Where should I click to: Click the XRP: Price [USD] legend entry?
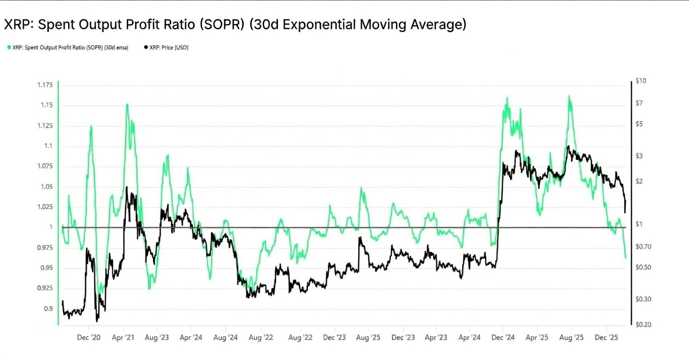tap(166, 47)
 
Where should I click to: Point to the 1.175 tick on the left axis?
tap(45, 85)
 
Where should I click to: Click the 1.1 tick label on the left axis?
tap(48, 146)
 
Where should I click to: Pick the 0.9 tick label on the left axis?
tap(48, 309)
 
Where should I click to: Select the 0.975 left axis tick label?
tap(45, 247)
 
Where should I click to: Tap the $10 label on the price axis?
tap(641, 81)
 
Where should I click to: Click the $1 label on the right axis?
tap(639, 224)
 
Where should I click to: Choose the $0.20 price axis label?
tap(643, 324)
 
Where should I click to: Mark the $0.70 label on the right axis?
tap(643, 247)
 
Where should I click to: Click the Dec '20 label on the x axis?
tap(89, 337)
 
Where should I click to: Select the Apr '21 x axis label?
tap(123, 337)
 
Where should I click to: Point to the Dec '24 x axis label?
tap(503, 337)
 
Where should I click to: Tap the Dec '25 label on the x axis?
tap(606, 337)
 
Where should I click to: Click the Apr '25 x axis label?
tap(537, 337)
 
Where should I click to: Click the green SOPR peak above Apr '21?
tap(127, 104)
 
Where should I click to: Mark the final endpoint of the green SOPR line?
tap(625, 257)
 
